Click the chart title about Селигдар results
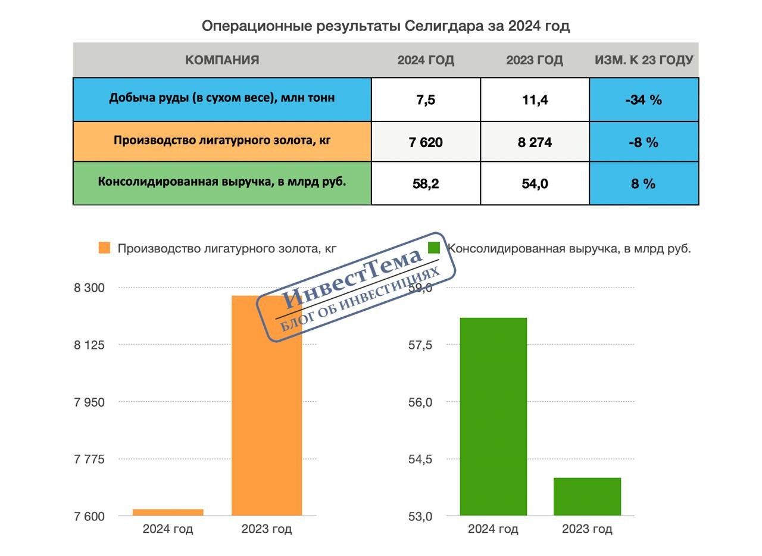pos(386,26)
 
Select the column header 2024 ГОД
pos(426,60)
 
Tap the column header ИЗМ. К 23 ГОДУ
pos(644,60)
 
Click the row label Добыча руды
pos(222,98)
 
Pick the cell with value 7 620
pos(426,142)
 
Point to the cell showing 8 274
pos(535,142)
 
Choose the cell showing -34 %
pos(644,100)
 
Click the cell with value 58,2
pos(426,184)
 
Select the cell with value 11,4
pos(535,100)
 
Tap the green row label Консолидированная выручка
pos(222,182)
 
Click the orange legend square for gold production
pos(105,248)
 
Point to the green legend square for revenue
pos(434,248)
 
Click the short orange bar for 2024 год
pos(168,512)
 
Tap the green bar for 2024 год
pos(493,417)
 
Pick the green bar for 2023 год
pos(587,496)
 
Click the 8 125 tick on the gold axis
pos(89,345)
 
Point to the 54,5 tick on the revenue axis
pos(420,460)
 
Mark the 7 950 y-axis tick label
pos(89,402)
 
